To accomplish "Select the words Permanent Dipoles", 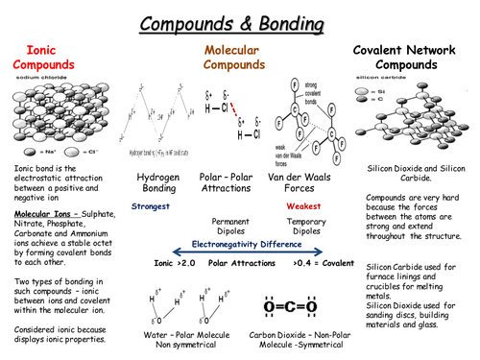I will coord(231,226).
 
